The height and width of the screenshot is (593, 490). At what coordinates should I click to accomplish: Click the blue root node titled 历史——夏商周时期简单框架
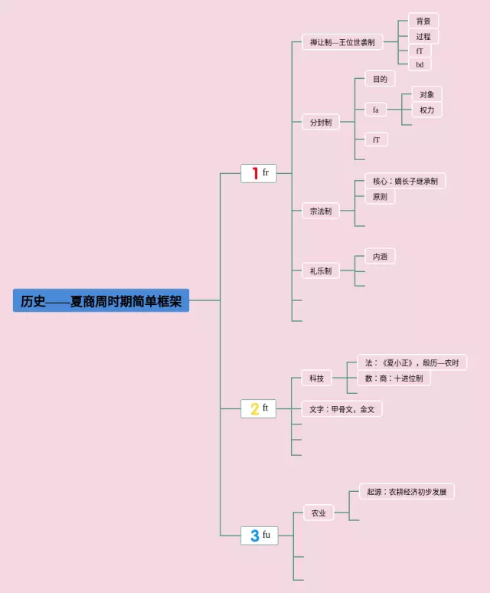[x=101, y=300]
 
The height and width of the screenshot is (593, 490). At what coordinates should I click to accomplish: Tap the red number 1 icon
[x=254, y=173]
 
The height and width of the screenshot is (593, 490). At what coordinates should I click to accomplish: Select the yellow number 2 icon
[x=254, y=408]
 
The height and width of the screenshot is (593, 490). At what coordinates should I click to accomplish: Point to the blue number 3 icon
[x=254, y=536]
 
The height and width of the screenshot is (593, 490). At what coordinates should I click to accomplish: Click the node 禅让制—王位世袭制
[x=342, y=42]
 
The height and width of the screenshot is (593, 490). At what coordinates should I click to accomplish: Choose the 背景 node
[x=423, y=21]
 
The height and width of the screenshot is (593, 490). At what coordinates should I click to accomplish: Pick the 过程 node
[x=423, y=36]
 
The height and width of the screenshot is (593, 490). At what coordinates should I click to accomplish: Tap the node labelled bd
[x=420, y=64]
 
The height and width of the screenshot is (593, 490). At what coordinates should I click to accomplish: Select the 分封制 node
[x=321, y=122]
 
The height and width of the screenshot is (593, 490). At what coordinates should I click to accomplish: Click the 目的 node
[x=380, y=79]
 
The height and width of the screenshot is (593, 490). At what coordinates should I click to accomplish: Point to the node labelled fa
[x=376, y=110]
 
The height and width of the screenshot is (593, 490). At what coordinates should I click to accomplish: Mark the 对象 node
[x=426, y=94]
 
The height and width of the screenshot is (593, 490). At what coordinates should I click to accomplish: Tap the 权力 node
[x=426, y=110]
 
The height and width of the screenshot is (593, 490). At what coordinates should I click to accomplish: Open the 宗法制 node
[x=321, y=211]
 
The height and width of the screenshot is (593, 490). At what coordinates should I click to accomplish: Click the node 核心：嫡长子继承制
[x=405, y=181]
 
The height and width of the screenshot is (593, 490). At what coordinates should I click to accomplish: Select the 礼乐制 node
[x=321, y=270]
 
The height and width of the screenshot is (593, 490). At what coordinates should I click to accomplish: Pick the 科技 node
[x=316, y=378]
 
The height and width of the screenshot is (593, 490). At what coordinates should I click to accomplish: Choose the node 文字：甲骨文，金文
[x=341, y=409]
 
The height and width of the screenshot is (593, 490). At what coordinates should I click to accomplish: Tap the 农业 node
[x=318, y=513]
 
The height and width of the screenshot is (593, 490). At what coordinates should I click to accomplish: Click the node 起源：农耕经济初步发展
[x=407, y=491]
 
